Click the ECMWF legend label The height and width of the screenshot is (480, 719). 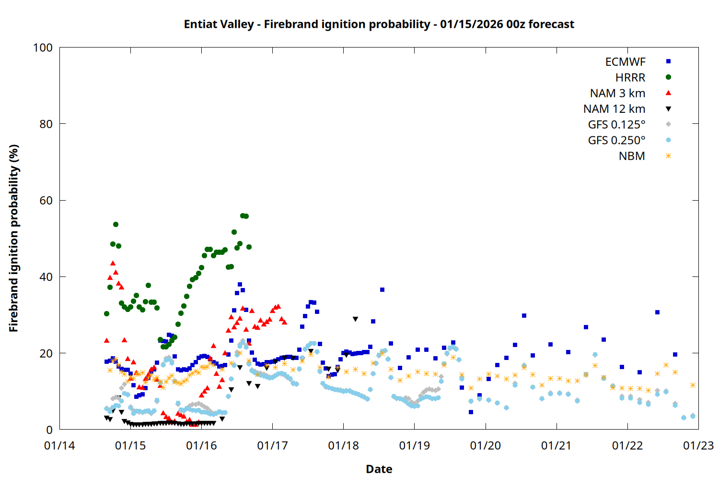tap(625, 62)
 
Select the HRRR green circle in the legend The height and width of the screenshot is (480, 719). tap(668, 77)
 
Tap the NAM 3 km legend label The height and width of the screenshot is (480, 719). tap(617, 93)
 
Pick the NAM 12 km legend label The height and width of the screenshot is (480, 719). tap(614, 109)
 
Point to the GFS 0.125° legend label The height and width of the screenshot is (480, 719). tap(616, 125)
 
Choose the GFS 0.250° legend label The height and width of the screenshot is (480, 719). tap(616, 141)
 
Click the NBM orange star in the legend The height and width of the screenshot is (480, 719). tap(668, 156)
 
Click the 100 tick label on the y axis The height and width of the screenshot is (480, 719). tap(43, 48)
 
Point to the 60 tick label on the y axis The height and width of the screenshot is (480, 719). tap(46, 201)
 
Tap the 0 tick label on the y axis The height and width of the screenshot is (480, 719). tap(49, 430)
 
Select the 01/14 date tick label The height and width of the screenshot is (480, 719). tap(59, 446)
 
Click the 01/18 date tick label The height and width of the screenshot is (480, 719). tap(343, 446)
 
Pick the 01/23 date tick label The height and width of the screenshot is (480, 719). tap(698, 446)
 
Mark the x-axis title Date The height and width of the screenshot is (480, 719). tap(379, 469)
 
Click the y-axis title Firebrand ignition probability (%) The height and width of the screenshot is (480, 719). tap(14, 238)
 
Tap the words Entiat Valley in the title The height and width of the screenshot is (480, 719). tap(219, 24)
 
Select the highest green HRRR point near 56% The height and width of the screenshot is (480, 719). tap(243, 216)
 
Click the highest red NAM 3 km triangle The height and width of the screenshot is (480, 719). tap(113, 263)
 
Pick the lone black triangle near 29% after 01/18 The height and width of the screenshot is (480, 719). tap(355, 319)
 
